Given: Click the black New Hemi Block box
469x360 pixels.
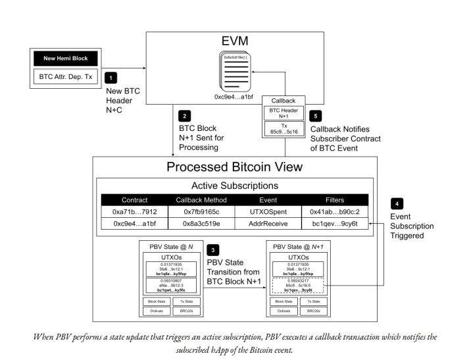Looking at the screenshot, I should click(x=66, y=59).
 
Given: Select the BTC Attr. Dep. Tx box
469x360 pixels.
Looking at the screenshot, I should click(x=66, y=78).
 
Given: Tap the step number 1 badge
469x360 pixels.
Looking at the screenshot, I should click(x=111, y=78).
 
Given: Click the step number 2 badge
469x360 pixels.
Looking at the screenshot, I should click(x=185, y=115).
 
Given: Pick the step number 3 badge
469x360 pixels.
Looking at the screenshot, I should click(x=213, y=251).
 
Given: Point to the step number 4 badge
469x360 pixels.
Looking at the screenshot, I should click(x=397, y=203).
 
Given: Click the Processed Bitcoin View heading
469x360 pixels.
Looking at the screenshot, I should click(x=234, y=167).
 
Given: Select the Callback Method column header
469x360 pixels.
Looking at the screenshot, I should click(x=201, y=199).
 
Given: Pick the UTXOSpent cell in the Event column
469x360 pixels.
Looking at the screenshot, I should click(x=268, y=212).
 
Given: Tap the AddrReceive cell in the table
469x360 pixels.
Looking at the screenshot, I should click(x=268, y=224).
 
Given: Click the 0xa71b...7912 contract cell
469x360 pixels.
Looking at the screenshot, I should click(x=135, y=212).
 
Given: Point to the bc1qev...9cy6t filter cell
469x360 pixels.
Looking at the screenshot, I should click(x=334, y=224).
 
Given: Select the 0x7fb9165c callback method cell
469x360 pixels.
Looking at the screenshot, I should click(x=201, y=212).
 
